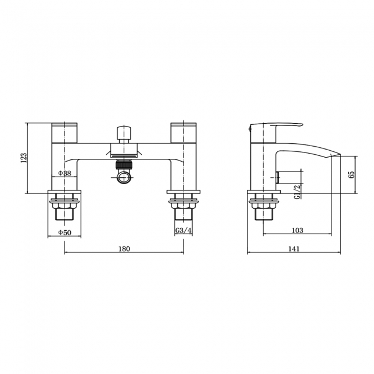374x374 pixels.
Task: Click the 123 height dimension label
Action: [x=24, y=158]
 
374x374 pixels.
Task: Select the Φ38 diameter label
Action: [x=64, y=173]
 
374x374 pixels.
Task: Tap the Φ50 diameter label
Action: [x=64, y=232]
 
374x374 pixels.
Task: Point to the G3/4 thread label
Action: [x=184, y=230]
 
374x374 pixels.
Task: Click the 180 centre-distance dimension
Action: [x=124, y=249]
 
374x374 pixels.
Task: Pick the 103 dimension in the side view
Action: [x=297, y=230]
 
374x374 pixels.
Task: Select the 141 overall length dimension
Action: [x=294, y=249]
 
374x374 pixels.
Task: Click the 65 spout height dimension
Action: [x=351, y=174]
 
